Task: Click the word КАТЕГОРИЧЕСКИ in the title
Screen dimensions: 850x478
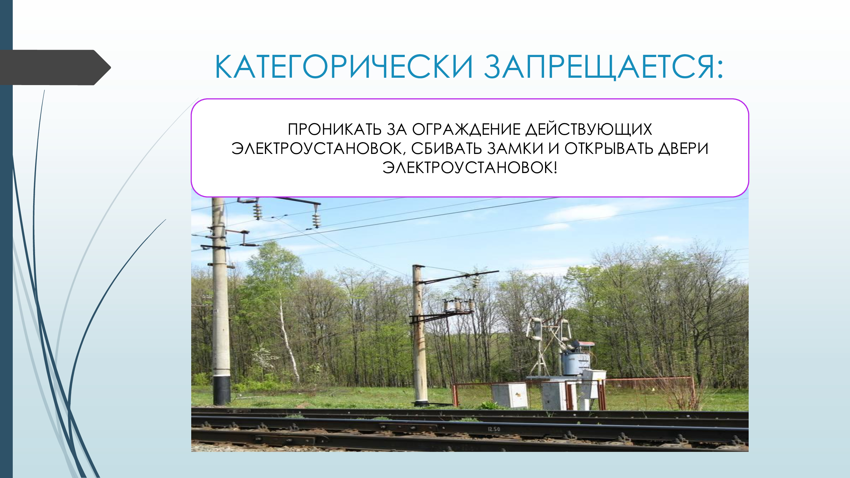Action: (344, 67)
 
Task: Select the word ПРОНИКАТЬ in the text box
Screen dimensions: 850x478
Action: (335, 129)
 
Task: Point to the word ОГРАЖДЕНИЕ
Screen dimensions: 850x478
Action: (466, 130)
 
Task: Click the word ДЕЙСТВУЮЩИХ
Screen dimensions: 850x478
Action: (589, 130)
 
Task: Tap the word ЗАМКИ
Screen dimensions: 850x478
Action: (515, 148)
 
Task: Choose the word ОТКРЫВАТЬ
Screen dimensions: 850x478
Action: (609, 148)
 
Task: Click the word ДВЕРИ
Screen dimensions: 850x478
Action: (683, 149)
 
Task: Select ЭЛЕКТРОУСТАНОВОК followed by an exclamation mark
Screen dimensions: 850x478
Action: (470, 168)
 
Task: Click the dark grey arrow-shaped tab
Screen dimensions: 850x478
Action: (55, 68)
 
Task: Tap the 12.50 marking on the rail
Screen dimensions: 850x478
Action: (494, 429)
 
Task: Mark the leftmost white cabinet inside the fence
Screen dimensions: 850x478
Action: (510, 395)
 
